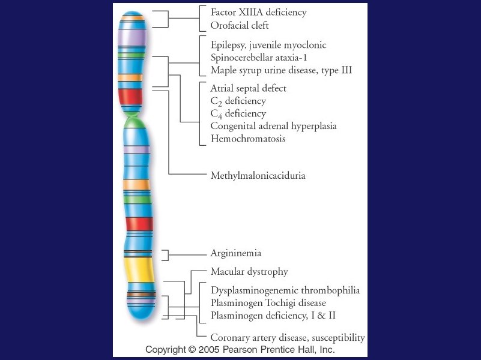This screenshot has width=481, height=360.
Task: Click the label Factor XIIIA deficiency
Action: [258, 12]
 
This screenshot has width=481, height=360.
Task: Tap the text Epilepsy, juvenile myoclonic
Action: [268, 45]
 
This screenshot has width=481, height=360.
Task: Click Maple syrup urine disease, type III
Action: [281, 70]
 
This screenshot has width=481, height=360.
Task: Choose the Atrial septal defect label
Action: [249, 88]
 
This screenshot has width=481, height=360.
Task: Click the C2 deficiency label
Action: [238, 101]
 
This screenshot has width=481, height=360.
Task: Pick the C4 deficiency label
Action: [238, 114]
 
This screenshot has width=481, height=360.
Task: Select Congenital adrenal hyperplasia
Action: [273, 126]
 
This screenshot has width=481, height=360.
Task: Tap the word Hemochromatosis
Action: [248, 139]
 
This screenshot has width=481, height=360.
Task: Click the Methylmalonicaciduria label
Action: [258, 176]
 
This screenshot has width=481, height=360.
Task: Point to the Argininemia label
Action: [236, 253]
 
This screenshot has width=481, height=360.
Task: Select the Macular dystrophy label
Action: [249, 272]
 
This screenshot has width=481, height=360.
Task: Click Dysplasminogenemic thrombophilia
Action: [285, 290]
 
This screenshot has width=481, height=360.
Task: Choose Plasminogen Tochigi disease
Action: [268, 302]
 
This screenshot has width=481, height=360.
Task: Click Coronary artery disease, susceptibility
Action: [288, 338]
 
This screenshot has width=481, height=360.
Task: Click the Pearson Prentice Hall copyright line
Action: [240, 349]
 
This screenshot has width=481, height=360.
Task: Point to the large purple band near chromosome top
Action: [132, 36]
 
